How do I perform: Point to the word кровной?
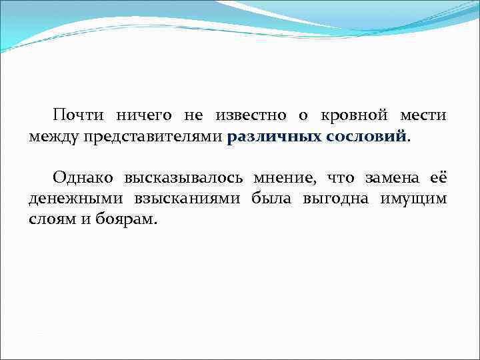(x=352, y=115)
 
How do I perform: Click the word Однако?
(x=83, y=178)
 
